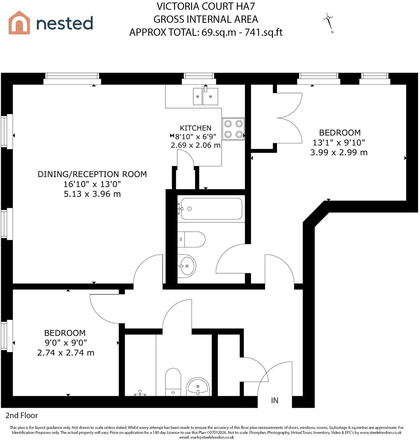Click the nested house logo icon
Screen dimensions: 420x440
(x=19, y=23)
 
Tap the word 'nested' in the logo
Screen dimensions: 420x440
(x=64, y=23)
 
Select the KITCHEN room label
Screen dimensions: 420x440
(x=196, y=128)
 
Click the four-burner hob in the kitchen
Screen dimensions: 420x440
(x=233, y=129)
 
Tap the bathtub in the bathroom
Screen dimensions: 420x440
(x=212, y=209)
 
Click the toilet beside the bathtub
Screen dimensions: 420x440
(x=191, y=239)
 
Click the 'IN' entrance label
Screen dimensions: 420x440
(x=275, y=400)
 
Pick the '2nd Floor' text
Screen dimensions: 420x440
(x=22, y=415)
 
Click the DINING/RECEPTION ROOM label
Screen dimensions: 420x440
(x=92, y=174)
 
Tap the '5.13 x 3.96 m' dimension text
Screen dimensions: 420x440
(x=92, y=194)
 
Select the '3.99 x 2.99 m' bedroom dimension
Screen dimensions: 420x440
(x=339, y=152)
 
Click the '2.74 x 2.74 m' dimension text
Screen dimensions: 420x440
(x=66, y=353)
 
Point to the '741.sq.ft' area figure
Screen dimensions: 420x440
(x=264, y=32)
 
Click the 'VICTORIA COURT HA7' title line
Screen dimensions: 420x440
(x=206, y=6)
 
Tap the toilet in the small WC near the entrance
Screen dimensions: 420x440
(x=173, y=382)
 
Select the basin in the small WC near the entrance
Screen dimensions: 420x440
(x=198, y=386)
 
